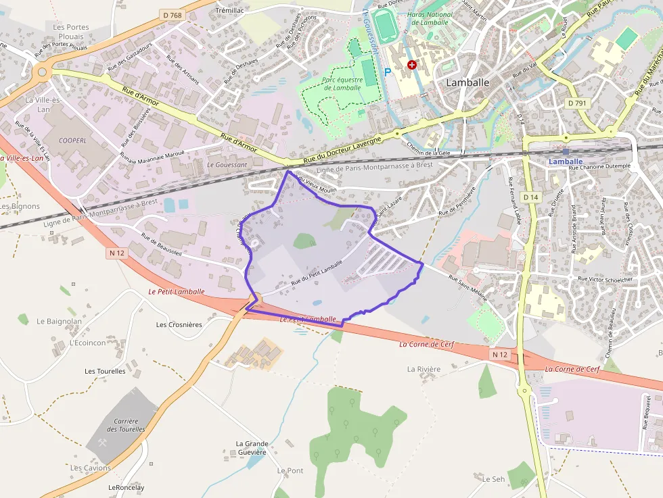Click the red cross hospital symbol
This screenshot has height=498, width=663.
click(x=412, y=64)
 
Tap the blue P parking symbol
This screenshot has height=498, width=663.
click(x=388, y=72)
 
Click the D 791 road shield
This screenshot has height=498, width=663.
click(x=577, y=103)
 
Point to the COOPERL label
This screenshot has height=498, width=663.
click(x=72, y=141)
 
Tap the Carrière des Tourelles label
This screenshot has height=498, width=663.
click(x=127, y=424)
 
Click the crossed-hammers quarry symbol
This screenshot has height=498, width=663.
click(x=104, y=443)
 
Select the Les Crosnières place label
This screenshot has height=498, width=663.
click(x=179, y=324)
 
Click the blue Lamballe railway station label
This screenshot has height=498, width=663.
click(x=565, y=162)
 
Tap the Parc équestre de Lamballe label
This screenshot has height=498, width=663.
click(x=342, y=84)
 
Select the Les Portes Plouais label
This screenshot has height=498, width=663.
click(x=71, y=32)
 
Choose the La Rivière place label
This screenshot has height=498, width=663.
click(x=424, y=369)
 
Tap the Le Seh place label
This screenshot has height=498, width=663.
click(x=493, y=479)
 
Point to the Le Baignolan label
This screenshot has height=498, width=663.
click(x=59, y=321)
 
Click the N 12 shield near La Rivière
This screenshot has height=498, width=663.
click(x=499, y=354)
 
